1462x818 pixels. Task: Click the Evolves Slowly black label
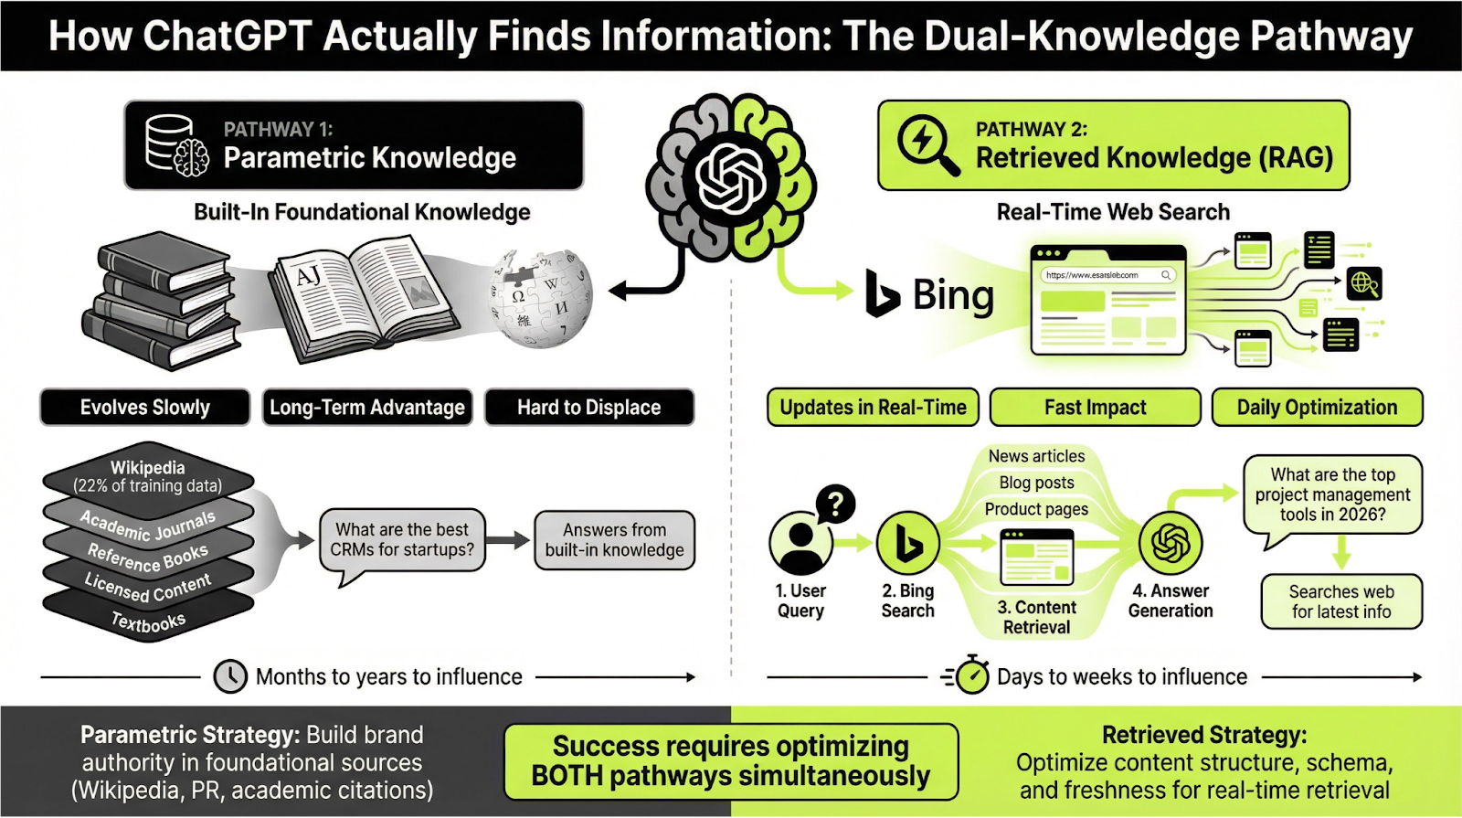tap(144, 408)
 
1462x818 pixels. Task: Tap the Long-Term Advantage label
tap(367, 408)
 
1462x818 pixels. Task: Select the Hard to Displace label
tap(588, 408)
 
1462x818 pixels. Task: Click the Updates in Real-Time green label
tap(873, 408)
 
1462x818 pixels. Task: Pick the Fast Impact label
tap(1095, 408)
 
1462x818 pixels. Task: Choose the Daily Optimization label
tap(1317, 408)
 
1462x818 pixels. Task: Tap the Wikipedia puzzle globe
tap(541, 298)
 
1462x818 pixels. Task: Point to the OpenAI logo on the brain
tap(730, 177)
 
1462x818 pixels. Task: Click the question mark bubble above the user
tap(834, 503)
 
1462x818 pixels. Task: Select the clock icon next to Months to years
tap(230, 676)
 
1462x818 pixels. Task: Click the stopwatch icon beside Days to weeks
tap(970, 675)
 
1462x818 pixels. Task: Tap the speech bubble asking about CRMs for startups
tap(402, 540)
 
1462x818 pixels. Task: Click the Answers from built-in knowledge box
tap(614, 540)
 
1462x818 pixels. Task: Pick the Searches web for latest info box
tap(1340, 601)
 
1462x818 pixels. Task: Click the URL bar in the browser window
tap(1107, 275)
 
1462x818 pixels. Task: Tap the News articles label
tap(1036, 456)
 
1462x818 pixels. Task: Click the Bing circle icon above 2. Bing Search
tap(907, 543)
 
